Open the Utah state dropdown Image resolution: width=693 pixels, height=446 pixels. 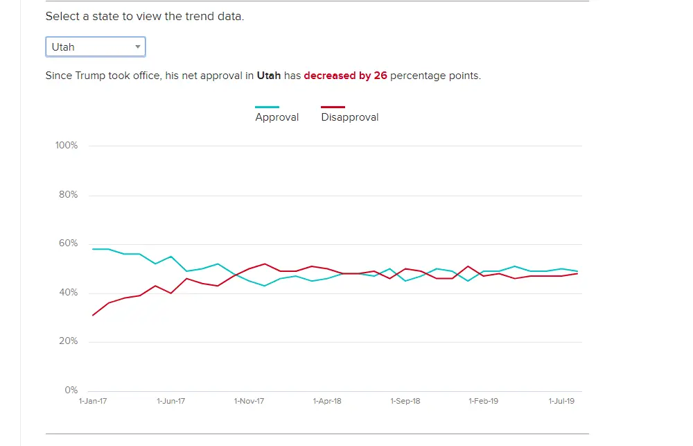[95, 47]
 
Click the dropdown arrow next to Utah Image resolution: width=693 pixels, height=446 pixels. [138, 47]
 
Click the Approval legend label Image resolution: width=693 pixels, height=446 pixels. [277, 117]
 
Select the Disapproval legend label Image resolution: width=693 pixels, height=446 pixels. [350, 117]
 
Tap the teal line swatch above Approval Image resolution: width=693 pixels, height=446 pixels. [267, 107]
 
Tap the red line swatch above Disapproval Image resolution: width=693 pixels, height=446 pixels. [333, 107]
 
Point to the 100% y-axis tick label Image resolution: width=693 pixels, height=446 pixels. [67, 146]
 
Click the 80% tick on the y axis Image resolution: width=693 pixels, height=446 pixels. [69, 195]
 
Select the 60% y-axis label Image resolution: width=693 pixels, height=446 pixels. [69, 243]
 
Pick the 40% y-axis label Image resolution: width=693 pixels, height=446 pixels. [69, 293]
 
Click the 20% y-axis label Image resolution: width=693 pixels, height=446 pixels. [69, 341]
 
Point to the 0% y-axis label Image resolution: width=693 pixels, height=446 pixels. [71, 391]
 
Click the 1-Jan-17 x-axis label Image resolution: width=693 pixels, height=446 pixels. [93, 401]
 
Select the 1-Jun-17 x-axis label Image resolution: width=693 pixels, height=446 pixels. [170, 401]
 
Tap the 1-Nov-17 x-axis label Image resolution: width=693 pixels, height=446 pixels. [249, 401]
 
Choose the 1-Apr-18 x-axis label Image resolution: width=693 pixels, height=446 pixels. [327, 401]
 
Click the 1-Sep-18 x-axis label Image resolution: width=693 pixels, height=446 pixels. [405, 401]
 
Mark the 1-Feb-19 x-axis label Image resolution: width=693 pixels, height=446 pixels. [484, 401]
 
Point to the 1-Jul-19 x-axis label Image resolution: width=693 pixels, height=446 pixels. [561, 401]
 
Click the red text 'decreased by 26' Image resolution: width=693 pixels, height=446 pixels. [345, 76]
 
